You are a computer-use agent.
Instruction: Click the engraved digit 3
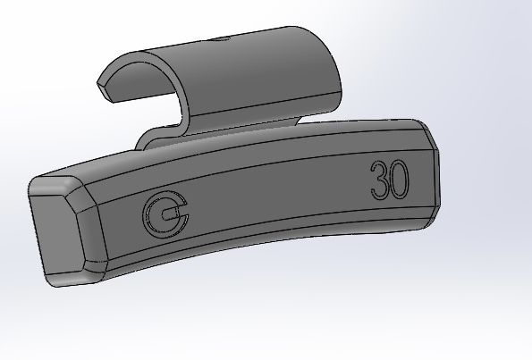(376, 182)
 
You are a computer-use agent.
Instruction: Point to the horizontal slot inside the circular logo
(173, 214)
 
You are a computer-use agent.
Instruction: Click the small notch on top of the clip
(220, 40)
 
